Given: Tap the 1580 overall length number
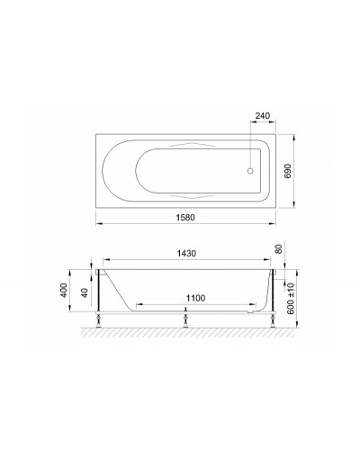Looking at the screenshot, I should (184, 219).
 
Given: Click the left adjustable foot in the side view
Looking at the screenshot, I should (98, 317).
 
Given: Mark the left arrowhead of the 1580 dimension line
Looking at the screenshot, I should (97, 223).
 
